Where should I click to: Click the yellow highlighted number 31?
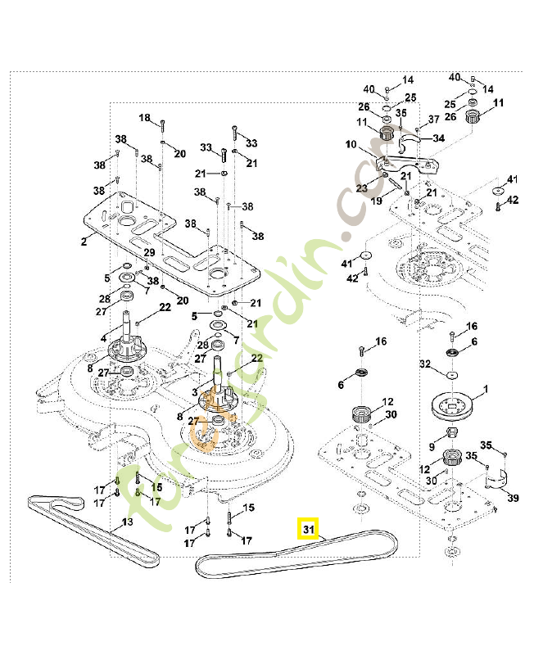308,530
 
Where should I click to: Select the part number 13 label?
127,522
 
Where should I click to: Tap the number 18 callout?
145,119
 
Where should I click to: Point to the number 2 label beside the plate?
84,242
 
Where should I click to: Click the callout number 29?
149,252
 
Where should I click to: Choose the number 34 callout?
439,139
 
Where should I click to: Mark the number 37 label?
434,120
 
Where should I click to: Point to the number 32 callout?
424,364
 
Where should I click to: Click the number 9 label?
432,446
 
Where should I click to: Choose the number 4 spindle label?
103,337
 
